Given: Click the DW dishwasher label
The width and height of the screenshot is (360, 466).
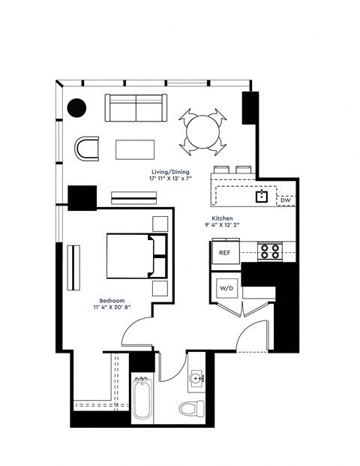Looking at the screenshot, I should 285,200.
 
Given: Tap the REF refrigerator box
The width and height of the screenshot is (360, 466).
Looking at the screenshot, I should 224,253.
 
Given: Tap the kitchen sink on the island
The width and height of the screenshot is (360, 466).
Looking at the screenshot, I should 262,197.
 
